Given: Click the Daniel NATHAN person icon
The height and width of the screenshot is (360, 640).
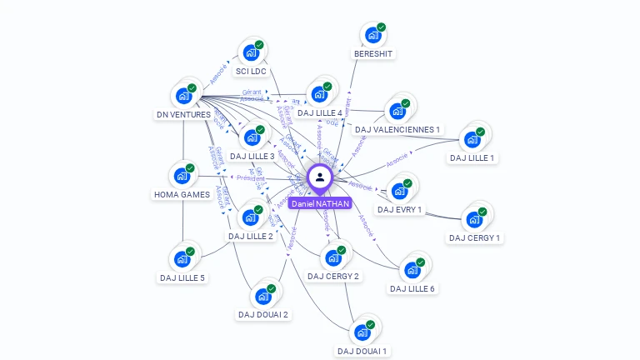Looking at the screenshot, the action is [320, 177].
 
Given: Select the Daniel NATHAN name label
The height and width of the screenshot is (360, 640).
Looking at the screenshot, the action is [320, 203].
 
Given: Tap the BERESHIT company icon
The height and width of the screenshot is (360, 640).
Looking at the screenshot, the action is [372, 37].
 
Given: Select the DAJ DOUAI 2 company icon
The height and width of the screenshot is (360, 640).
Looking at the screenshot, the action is [262, 297].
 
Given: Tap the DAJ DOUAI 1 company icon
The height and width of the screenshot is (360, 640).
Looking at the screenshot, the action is [362, 333].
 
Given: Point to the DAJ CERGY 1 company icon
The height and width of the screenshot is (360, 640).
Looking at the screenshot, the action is [473, 220].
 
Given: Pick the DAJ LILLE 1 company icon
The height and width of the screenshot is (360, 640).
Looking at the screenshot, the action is [472, 140].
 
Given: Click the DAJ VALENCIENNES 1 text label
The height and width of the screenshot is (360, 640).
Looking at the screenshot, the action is [397, 130].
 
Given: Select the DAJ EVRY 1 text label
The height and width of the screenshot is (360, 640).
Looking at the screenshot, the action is [399, 210].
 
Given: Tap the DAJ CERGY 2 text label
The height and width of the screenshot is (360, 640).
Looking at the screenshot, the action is [333, 277].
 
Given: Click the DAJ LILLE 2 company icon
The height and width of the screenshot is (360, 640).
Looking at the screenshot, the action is [250, 218].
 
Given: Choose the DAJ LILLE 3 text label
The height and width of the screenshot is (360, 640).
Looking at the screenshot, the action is [252, 157].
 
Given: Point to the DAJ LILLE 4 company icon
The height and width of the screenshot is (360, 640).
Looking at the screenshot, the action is [319, 95].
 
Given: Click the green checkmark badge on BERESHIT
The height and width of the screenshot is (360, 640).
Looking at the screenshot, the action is [382, 27].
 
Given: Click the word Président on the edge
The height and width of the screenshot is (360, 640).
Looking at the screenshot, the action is [250, 178].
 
